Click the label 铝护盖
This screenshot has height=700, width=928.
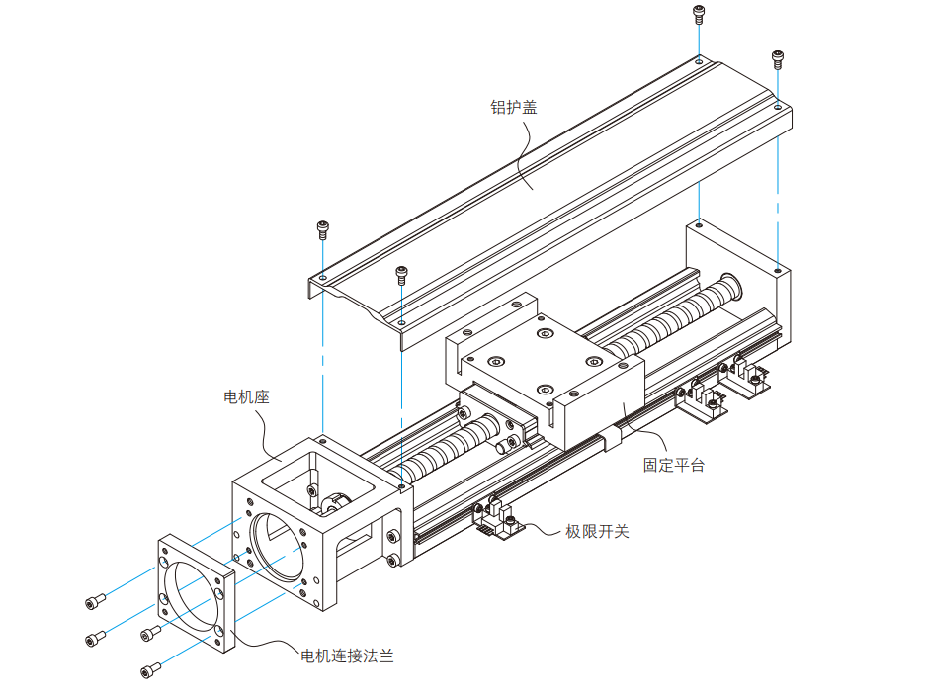tap(514, 107)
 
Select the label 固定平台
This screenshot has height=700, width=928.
tap(674, 465)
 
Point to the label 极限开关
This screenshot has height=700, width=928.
tap(597, 531)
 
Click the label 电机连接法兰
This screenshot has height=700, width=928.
tap(347, 656)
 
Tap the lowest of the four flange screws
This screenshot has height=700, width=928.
tap(148, 672)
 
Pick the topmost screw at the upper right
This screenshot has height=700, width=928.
tap(699, 15)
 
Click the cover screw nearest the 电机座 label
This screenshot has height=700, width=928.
tap(322, 230)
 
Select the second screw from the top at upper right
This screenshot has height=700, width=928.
tap(778, 58)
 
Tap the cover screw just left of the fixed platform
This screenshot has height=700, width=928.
tap(401, 274)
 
